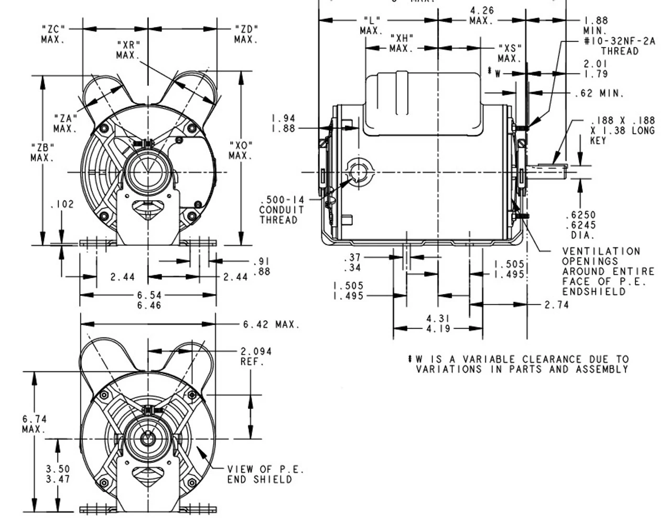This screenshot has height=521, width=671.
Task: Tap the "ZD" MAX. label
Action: [x=246, y=34]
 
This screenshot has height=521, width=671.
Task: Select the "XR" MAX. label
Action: [x=128, y=50]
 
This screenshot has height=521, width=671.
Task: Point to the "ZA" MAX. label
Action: [x=66, y=123]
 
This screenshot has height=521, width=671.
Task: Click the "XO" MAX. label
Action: [x=241, y=150]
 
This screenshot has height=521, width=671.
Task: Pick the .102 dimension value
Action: [x=62, y=205]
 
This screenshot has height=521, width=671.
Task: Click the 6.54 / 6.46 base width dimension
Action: [x=149, y=300]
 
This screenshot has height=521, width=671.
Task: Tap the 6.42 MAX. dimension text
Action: [x=271, y=325]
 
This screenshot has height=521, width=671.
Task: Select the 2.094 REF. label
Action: [x=256, y=356]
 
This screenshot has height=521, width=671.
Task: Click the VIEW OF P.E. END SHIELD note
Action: [x=265, y=474]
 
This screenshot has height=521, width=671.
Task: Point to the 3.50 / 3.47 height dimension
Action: [x=58, y=474]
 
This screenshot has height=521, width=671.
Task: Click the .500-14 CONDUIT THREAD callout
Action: [x=282, y=210]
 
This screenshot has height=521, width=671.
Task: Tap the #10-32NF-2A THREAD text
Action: [x=619, y=46]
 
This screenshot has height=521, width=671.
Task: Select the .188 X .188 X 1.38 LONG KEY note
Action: [x=622, y=130]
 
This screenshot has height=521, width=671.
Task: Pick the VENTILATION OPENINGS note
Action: [x=608, y=271]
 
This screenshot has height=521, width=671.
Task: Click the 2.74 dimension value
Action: [x=556, y=305]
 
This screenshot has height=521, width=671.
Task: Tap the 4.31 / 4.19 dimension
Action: [x=438, y=323]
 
